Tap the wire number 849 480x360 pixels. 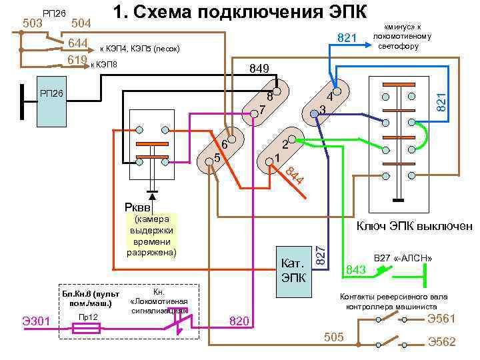(x=259, y=68)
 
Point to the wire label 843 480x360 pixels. (x=356, y=269)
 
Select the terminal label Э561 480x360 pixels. (x=441, y=318)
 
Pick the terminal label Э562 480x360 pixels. (x=441, y=341)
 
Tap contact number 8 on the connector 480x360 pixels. (x=270, y=95)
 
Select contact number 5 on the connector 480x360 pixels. (x=217, y=159)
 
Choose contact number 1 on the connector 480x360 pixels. (x=276, y=158)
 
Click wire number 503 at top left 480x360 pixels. (x=32, y=23)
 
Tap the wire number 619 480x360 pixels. (x=78, y=61)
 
